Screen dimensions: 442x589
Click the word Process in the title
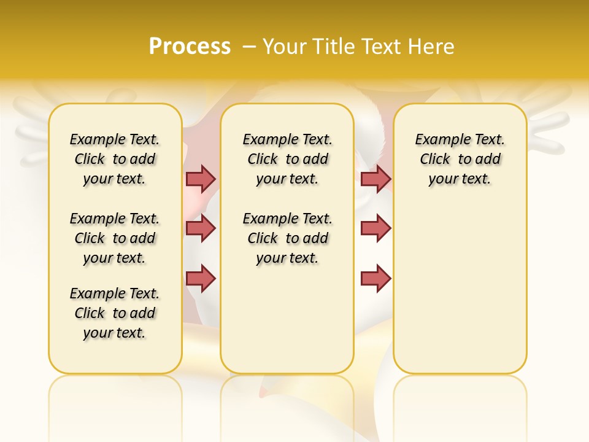point(190,46)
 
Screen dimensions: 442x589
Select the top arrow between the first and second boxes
point(201,179)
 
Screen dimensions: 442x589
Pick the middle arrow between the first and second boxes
point(201,228)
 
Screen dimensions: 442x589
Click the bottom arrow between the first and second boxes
point(201,279)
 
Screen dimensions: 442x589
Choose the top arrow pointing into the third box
point(375,179)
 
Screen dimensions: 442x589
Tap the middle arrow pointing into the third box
point(375,228)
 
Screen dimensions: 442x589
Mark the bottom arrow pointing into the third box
point(375,279)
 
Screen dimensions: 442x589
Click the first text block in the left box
point(115,159)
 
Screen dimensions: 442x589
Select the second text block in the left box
point(115,238)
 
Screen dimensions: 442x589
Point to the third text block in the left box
point(115,313)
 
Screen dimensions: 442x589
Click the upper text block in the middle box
point(287,159)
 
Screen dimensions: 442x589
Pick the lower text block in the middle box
point(287,238)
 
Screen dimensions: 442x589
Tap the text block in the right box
point(460,159)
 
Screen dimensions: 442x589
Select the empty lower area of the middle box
point(287,319)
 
